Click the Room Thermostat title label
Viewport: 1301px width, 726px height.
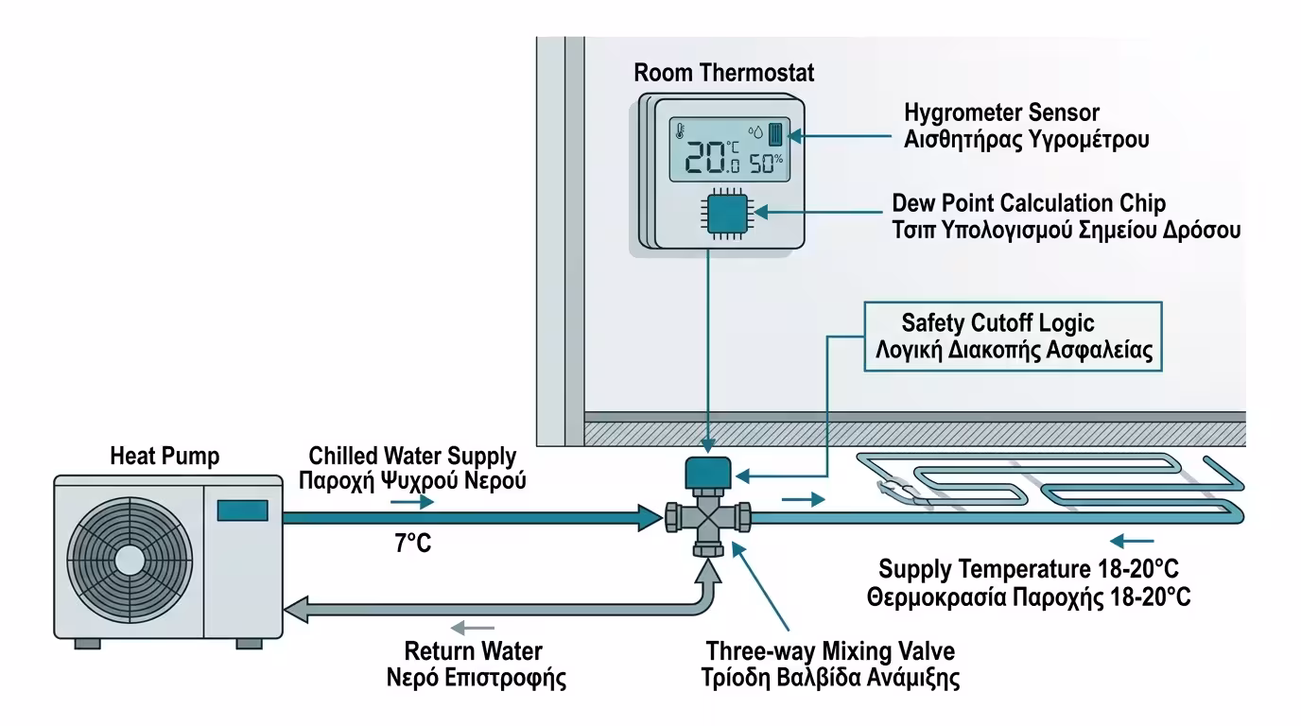tap(723, 73)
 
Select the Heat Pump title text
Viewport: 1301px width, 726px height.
tap(165, 458)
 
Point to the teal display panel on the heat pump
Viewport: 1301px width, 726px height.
tap(242, 510)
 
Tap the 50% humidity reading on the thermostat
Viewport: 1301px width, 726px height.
tap(767, 162)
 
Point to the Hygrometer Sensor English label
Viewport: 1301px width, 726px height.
tap(1002, 113)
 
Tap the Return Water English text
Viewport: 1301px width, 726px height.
tap(474, 651)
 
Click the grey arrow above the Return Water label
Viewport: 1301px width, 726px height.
tap(472, 627)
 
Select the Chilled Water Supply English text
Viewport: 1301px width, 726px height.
tap(412, 457)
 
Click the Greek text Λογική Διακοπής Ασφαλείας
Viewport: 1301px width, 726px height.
tap(1013, 353)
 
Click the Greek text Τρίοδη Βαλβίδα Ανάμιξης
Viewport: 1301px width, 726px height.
tap(832, 678)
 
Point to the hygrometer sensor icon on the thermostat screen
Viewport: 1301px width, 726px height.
tap(776, 132)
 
